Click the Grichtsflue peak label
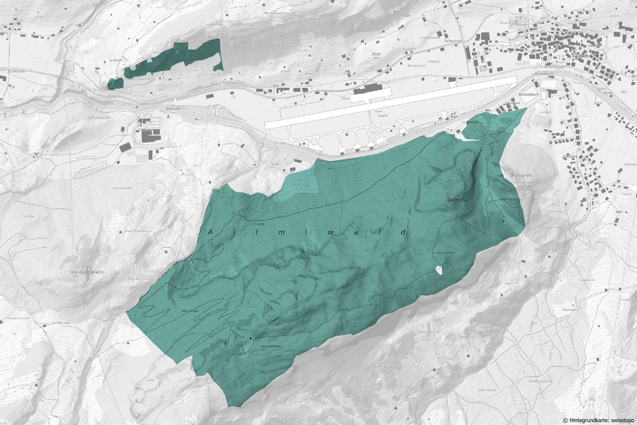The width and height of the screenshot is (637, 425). [458, 200]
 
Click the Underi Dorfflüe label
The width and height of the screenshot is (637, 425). [443, 253]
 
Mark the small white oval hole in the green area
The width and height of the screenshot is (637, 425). [439, 271]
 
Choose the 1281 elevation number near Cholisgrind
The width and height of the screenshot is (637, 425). [500, 175]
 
